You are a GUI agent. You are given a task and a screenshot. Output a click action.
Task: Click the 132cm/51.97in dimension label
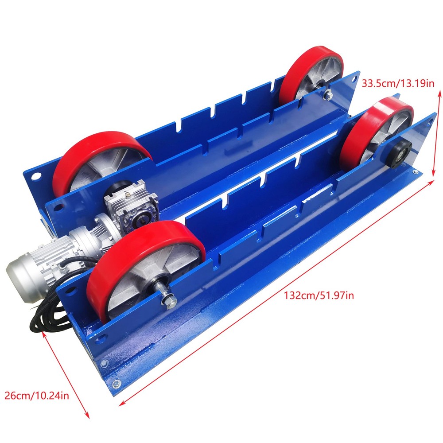pyautogui.click(x=319, y=295)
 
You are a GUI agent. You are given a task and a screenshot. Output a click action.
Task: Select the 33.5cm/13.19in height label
pyautogui.click(x=398, y=83)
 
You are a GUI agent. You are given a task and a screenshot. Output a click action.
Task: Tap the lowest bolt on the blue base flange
pyautogui.click(x=116, y=384)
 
